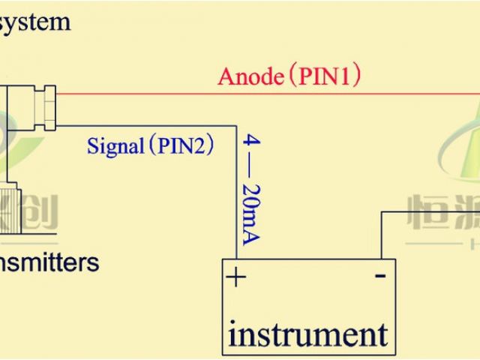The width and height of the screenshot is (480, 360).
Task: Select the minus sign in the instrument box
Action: click(380, 276)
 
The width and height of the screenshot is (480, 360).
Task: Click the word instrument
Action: click(307, 332)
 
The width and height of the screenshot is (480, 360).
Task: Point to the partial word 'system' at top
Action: click(35, 20)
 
